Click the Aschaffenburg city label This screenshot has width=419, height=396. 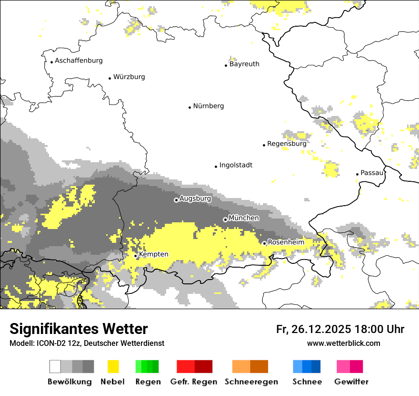point(79,61)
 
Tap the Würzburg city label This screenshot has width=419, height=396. point(129,77)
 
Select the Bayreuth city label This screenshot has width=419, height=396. point(244,64)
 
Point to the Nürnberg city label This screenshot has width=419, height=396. point(208,106)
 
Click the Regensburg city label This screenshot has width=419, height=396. point(287,144)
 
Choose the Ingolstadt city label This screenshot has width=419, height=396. point(236,165)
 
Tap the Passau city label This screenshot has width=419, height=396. point(372,173)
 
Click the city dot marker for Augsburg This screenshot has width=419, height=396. point(176,200)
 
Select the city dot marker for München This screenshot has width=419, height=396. point(225,219)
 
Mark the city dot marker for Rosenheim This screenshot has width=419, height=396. point(264,243)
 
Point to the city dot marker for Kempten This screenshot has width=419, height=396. point(136,256)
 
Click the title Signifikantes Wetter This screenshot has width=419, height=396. point(79,329)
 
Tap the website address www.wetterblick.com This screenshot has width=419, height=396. point(343,344)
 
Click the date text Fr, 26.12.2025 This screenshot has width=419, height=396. point(313,329)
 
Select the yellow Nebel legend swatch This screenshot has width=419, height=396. point(113,366)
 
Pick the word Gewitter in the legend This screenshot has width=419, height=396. point(351,382)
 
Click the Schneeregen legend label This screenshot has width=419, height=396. point(251,382)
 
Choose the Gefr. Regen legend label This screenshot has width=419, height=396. point(193,382)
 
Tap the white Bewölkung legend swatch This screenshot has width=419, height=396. point(55,366)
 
